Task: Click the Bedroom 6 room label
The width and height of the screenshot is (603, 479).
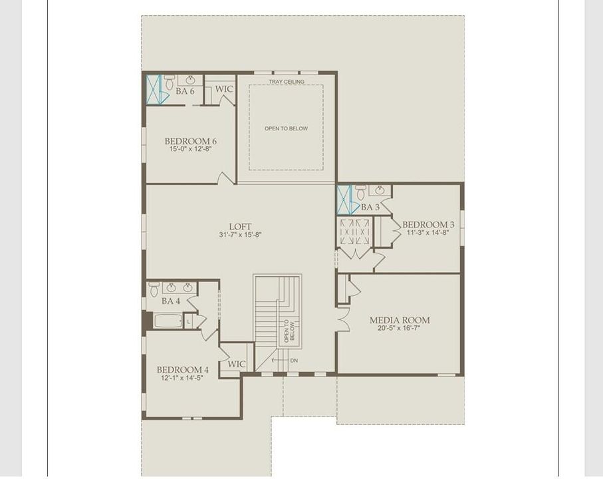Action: click(x=191, y=141)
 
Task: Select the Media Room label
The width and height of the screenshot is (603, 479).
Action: click(x=400, y=320)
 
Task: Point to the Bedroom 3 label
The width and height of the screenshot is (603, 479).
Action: click(x=428, y=225)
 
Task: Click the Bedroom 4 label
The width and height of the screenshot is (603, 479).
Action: click(x=183, y=370)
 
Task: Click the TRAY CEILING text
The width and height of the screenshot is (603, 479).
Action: click(x=287, y=82)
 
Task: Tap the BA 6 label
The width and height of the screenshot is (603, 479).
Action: click(x=185, y=91)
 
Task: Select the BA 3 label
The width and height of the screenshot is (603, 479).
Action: click(x=370, y=208)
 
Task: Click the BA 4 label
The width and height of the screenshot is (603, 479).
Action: click(x=171, y=301)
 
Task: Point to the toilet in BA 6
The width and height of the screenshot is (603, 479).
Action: click(x=170, y=82)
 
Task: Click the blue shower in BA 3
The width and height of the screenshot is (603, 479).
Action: click(x=344, y=199)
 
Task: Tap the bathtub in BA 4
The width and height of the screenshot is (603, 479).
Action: click(x=168, y=321)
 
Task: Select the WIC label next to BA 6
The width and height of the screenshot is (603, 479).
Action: click(x=224, y=88)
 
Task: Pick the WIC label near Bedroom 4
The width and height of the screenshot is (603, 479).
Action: click(x=237, y=365)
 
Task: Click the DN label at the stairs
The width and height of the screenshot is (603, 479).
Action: click(x=293, y=361)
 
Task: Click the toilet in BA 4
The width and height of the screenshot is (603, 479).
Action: click(x=154, y=289)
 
